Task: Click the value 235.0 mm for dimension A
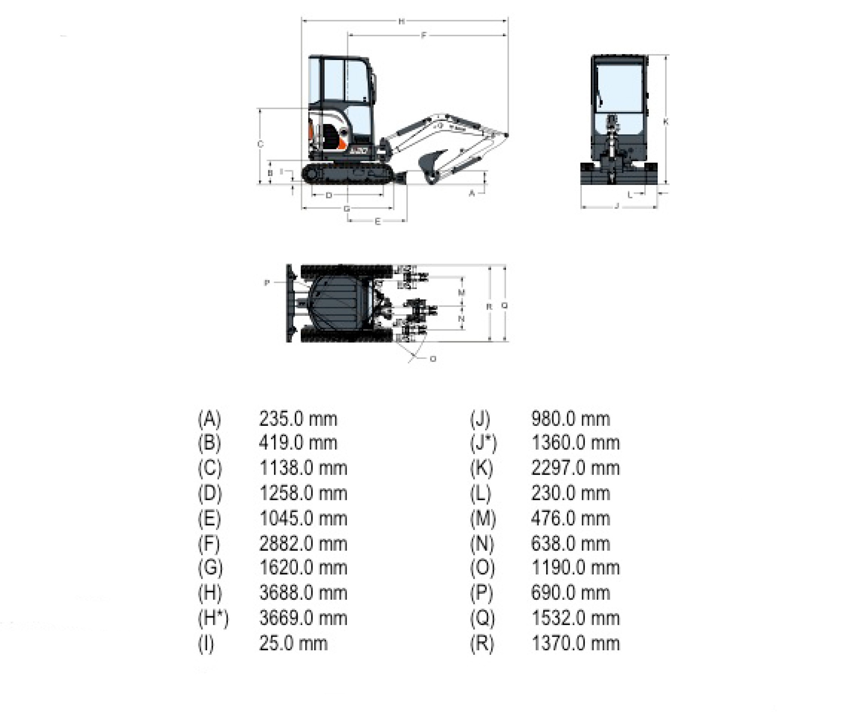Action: click(298, 419)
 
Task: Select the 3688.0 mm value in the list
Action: click(303, 593)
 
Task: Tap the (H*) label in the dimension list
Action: click(213, 618)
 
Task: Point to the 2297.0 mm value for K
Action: click(575, 468)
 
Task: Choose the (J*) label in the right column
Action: click(483, 443)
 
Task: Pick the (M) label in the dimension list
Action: click(483, 519)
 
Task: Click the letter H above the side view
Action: click(401, 21)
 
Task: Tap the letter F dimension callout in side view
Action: click(424, 36)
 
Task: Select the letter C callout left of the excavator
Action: click(261, 144)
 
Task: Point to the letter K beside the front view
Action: click(666, 121)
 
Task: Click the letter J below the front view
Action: click(617, 206)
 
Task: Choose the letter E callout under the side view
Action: click(377, 221)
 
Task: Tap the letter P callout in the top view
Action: click(267, 282)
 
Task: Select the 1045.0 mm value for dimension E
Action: click(303, 519)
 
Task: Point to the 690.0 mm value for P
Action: click(570, 593)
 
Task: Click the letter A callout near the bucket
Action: click(471, 193)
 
